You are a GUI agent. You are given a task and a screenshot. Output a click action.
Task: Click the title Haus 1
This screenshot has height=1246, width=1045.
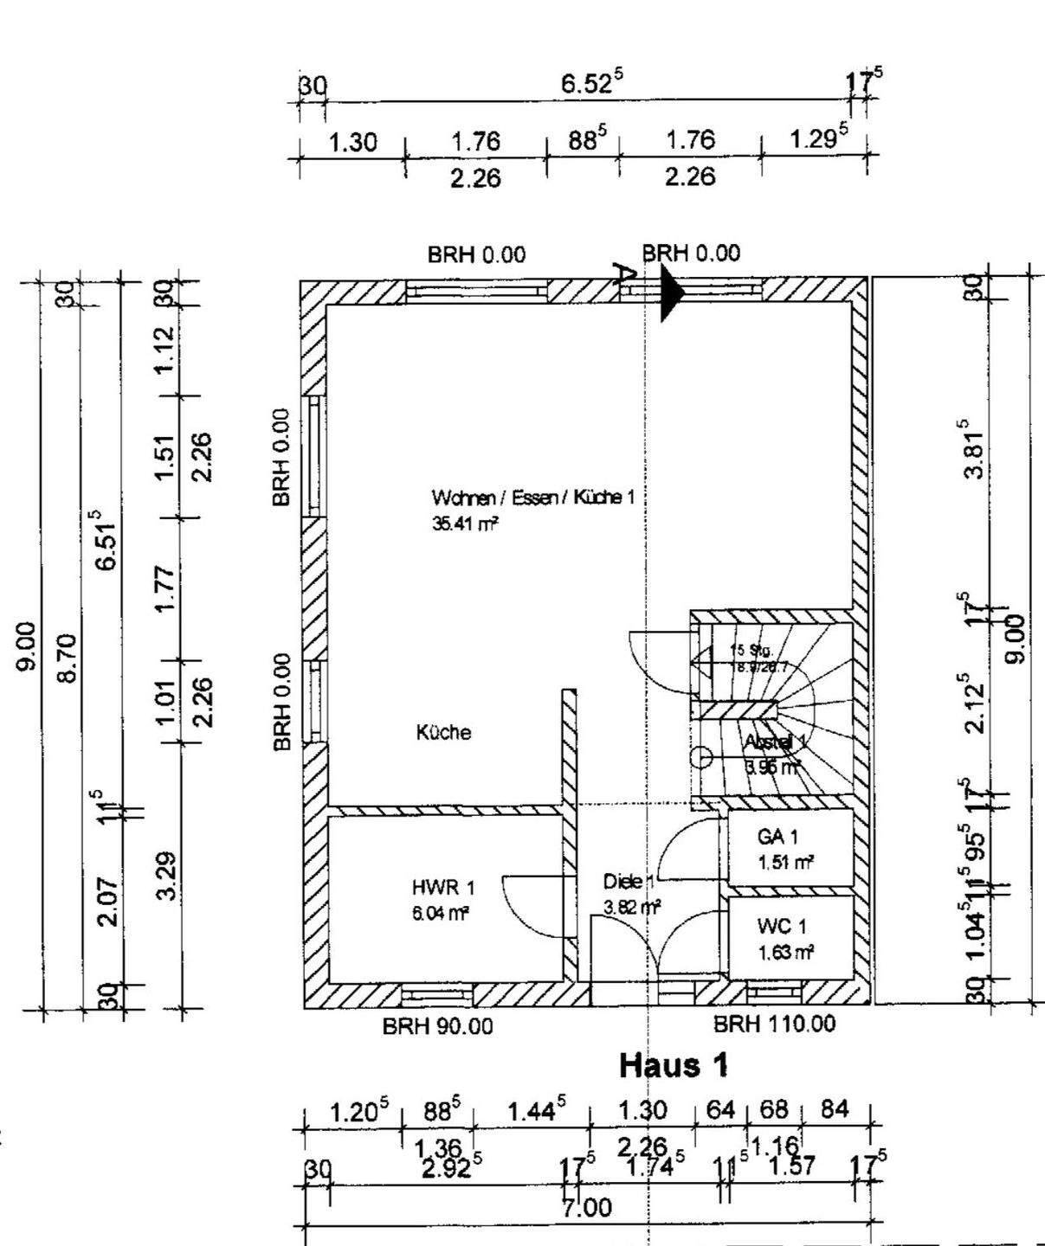(674, 1065)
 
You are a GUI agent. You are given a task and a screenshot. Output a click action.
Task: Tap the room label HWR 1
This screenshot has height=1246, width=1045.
(442, 888)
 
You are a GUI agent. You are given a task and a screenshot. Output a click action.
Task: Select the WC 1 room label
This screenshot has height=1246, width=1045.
(782, 927)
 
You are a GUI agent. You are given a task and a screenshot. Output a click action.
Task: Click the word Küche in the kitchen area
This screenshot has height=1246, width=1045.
(443, 732)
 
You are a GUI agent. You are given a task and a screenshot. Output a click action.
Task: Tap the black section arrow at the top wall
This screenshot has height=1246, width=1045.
(672, 293)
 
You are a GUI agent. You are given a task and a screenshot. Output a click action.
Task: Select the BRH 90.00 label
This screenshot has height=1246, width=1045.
(437, 1026)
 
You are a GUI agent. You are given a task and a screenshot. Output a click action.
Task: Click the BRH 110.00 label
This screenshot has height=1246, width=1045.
(774, 1024)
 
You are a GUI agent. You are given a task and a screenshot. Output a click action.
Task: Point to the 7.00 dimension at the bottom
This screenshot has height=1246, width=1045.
(587, 1207)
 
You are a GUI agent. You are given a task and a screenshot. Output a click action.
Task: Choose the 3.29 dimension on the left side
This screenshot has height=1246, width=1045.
(168, 876)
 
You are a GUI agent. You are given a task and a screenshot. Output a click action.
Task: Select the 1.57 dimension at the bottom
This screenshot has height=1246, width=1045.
(790, 1165)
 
